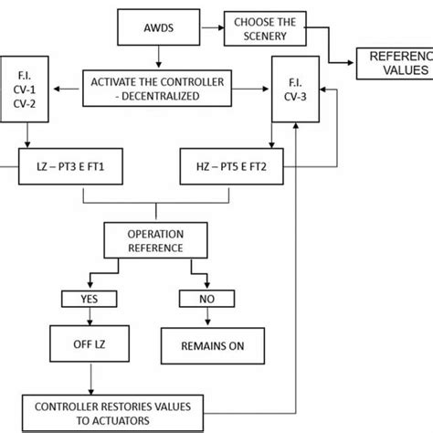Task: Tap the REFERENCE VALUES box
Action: tap(395, 62)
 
